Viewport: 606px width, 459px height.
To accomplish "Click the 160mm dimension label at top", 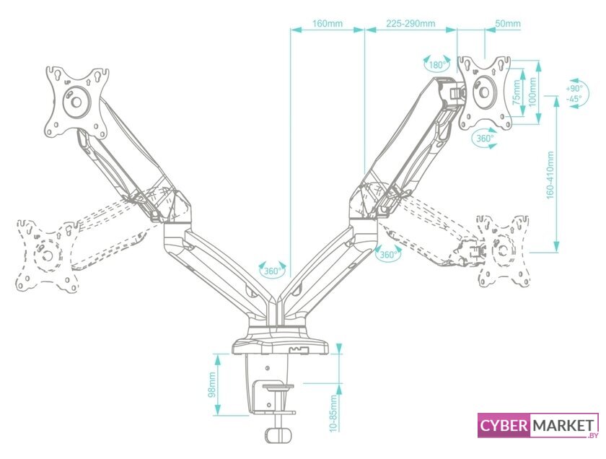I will click(327, 23).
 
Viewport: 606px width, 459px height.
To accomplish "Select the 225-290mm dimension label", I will click(410, 23).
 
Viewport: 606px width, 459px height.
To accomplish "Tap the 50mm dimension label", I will click(508, 23).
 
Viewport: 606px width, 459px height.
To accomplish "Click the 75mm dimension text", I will click(515, 92).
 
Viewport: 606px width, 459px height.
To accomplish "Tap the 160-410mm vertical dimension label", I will click(550, 175).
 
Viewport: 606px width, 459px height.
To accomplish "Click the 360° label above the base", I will click(272, 271).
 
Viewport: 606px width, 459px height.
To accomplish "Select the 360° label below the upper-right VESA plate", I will click(484, 138).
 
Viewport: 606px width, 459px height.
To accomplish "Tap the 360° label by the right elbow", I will click(388, 255).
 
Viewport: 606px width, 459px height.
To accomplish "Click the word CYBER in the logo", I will click(504, 426).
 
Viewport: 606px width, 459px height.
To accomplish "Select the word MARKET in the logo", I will click(563, 426).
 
